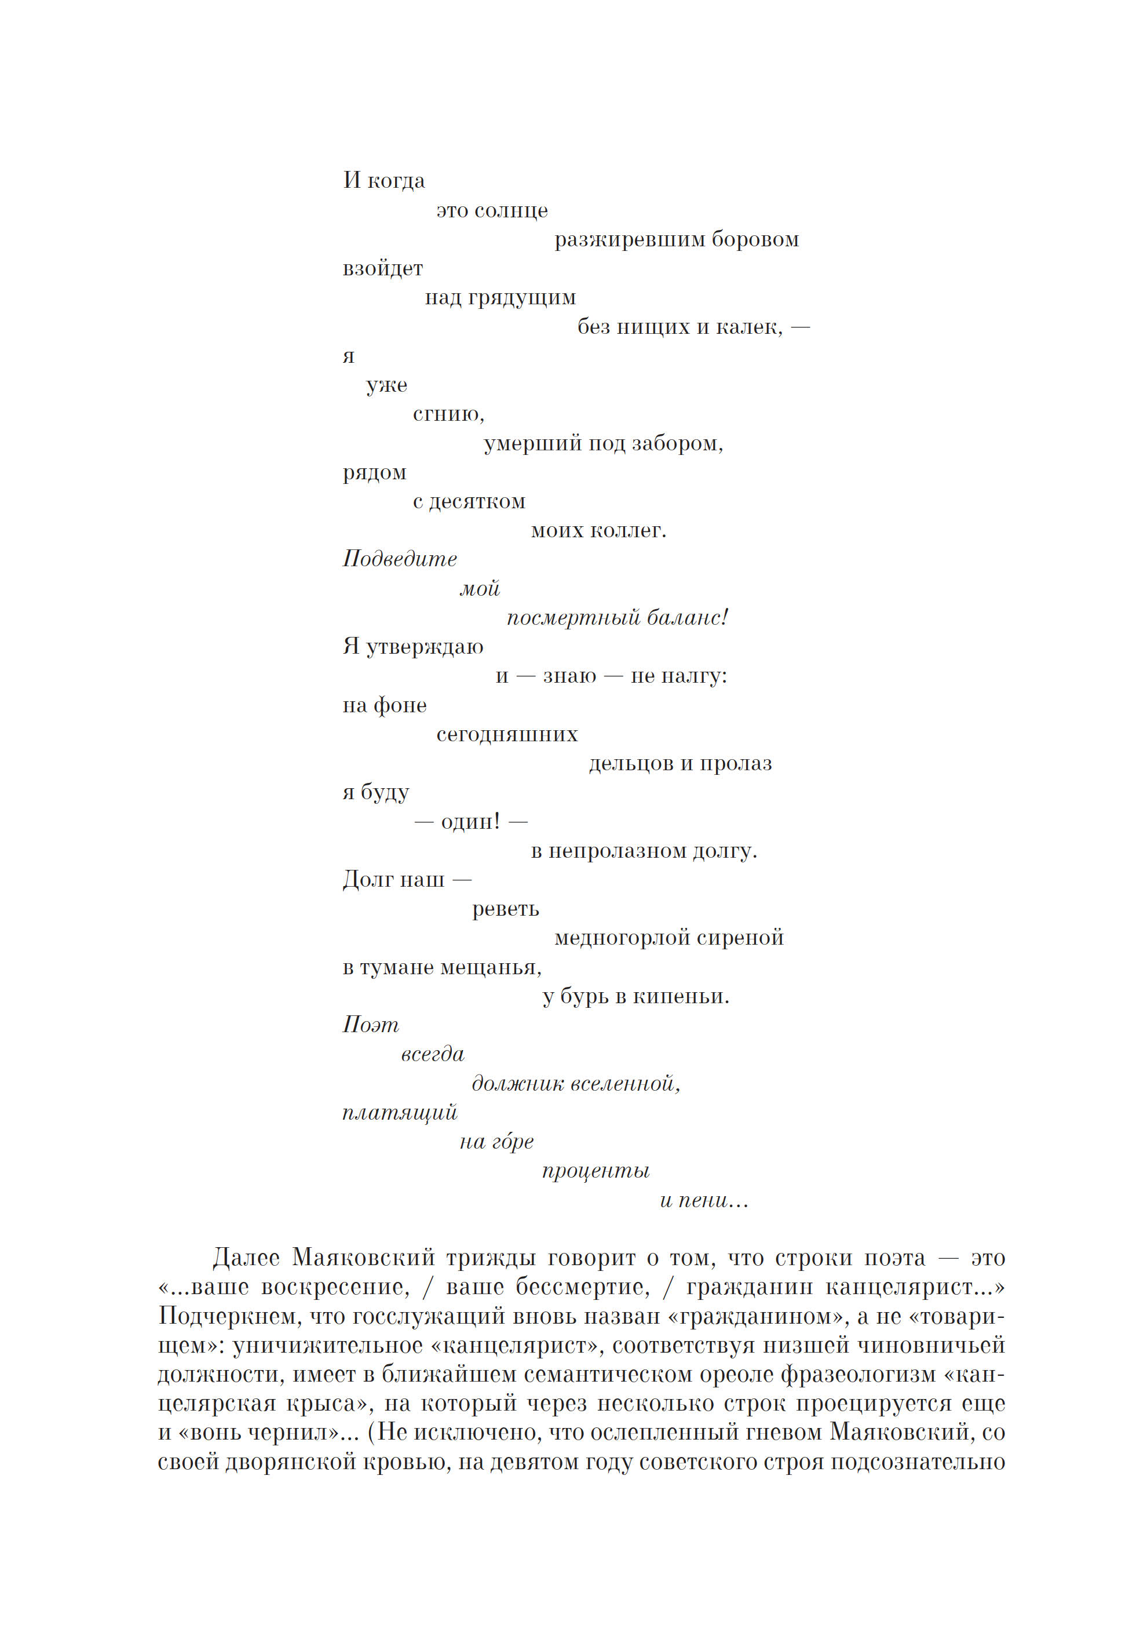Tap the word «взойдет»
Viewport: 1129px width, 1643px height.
tap(383, 269)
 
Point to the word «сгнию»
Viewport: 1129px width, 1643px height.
tap(448, 414)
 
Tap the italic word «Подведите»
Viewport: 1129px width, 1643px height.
tap(400, 559)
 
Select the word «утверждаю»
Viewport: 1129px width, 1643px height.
tap(425, 647)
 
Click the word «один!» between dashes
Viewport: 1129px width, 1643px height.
tap(470, 822)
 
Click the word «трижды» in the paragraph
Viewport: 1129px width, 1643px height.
tap(490, 1258)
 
